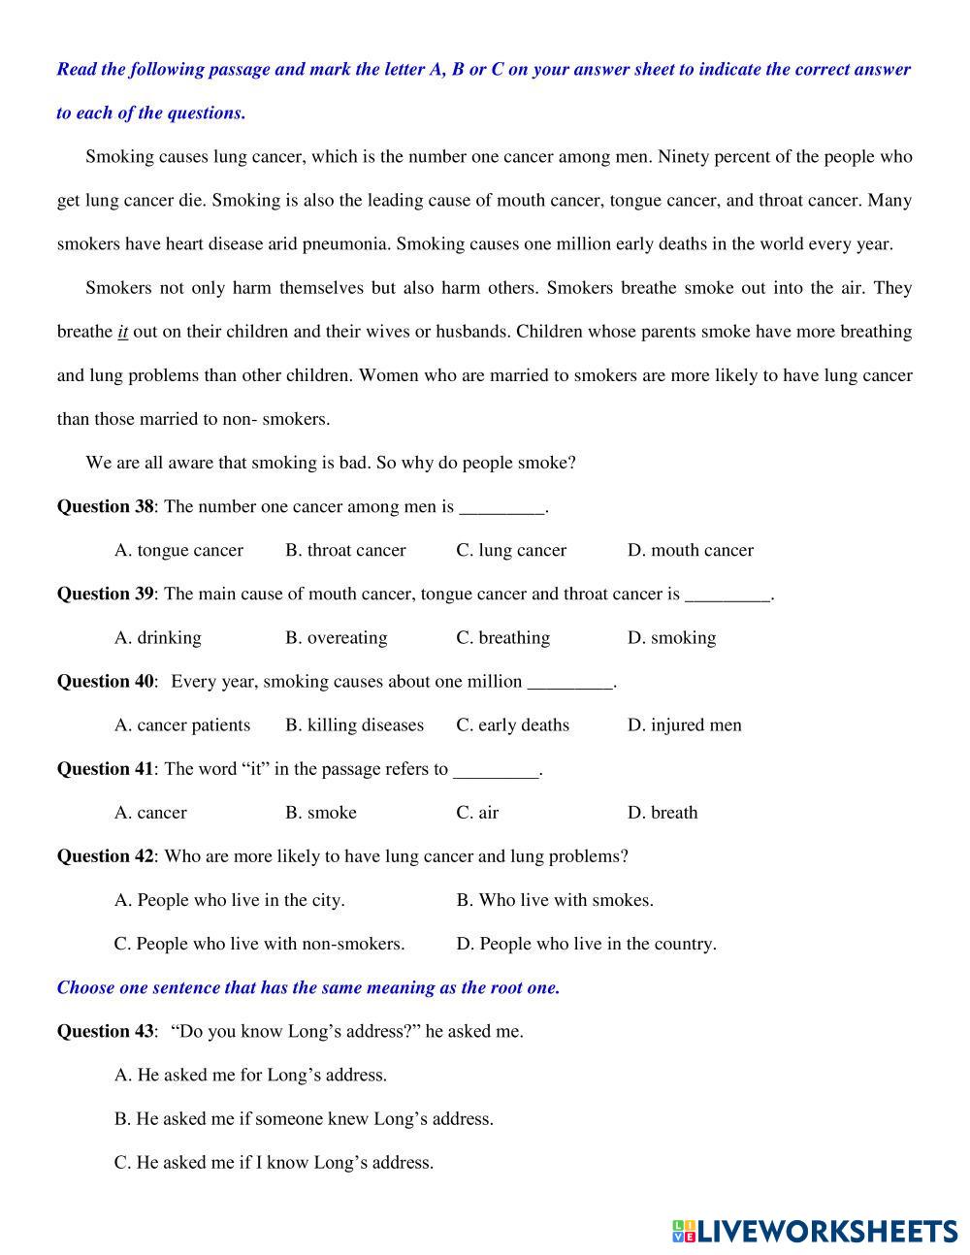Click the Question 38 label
[x=106, y=506]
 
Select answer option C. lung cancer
[x=511, y=550]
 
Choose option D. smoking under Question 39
[x=671, y=637]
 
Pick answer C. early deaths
[x=512, y=724]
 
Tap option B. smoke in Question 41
[x=320, y=813]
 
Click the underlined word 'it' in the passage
[x=123, y=332]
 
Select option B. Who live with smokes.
[x=555, y=900]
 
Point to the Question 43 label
[x=106, y=1031]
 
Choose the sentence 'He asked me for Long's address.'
[x=250, y=1075]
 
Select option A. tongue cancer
[x=178, y=550]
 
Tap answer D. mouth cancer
[x=690, y=550]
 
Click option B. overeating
[x=336, y=637]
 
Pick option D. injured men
[x=684, y=724]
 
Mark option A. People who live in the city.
[x=229, y=900]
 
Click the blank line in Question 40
[x=570, y=682]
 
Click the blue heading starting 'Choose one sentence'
[x=308, y=987]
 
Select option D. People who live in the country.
[x=587, y=944]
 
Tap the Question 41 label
[x=106, y=769]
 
